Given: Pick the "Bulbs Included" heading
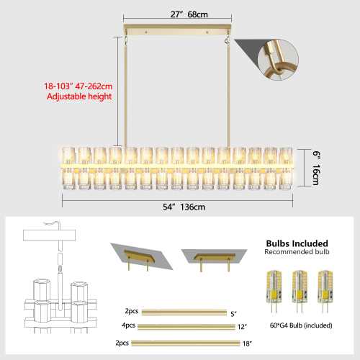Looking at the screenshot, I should point(297,243).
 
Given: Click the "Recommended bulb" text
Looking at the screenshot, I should point(297,253).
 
